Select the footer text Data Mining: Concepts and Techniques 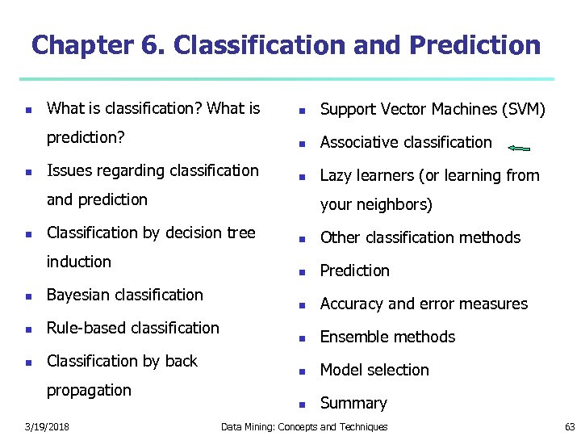tap(304, 426)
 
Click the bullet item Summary tap(353, 403)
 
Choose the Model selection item tap(374, 370)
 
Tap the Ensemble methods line tap(387, 337)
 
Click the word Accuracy tap(352, 304)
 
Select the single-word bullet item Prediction tap(354, 270)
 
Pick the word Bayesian tap(79, 295)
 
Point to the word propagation tap(89, 390)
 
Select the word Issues tap(68, 170)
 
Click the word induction tap(79, 262)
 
